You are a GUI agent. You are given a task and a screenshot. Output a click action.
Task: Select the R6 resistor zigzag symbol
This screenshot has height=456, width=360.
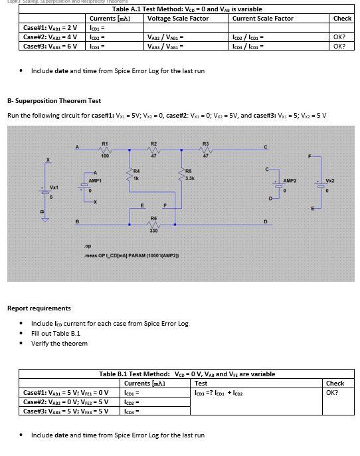point(153,224)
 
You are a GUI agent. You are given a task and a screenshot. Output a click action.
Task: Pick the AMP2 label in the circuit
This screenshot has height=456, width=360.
point(290,180)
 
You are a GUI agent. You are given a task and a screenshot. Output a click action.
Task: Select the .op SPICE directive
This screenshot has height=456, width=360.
point(88,246)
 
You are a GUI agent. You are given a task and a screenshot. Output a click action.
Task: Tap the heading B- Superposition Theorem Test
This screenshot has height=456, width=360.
point(54,101)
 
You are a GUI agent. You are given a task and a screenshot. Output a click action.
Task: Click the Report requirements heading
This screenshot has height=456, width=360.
point(39,308)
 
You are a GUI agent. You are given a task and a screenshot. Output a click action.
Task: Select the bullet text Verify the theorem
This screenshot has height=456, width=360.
point(59,344)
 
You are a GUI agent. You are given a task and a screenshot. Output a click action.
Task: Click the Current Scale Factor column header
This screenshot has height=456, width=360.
point(262,19)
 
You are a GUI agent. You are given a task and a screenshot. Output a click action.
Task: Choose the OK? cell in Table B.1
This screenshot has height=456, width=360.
point(333,392)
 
